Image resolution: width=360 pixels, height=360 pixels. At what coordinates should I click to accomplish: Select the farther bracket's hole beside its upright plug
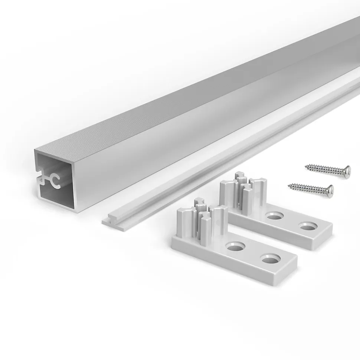tap(274, 215)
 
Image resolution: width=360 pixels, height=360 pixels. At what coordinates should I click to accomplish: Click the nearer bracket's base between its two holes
tap(252, 253)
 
